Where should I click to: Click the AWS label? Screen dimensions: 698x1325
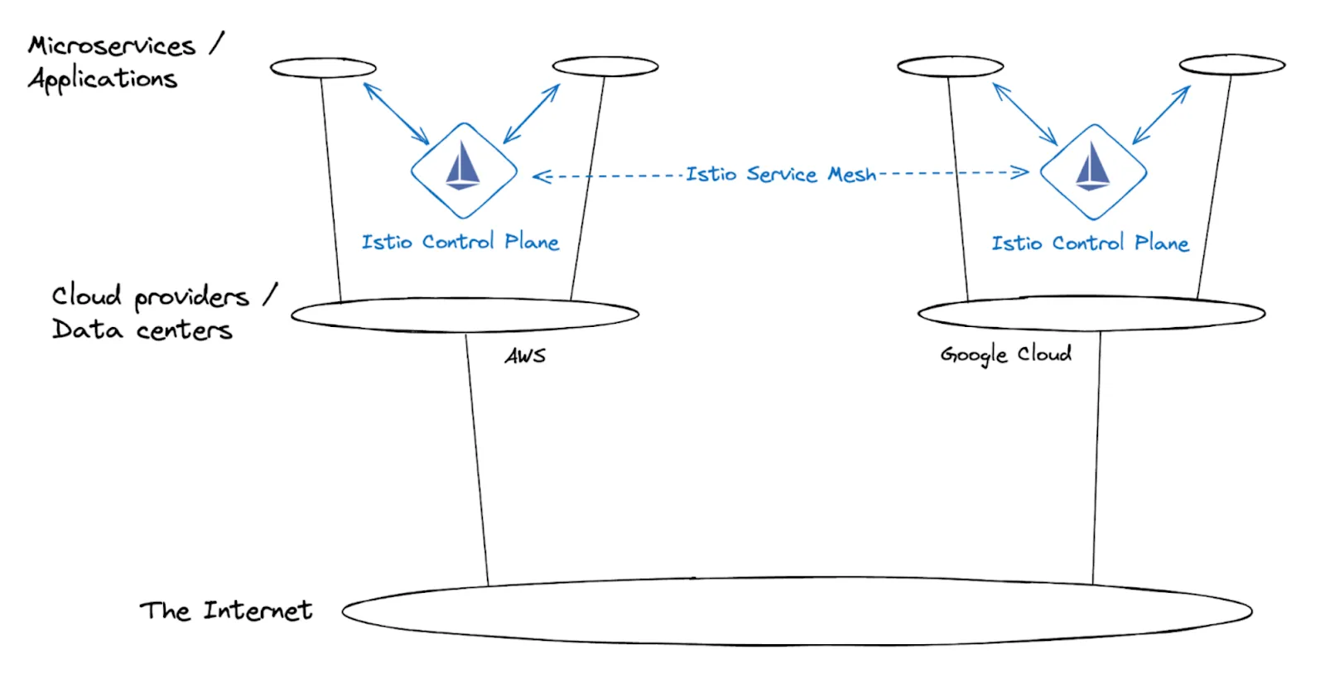coord(525,356)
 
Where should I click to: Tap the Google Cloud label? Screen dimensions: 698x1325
coord(1005,354)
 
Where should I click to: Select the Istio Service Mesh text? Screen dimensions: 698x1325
coord(780,174)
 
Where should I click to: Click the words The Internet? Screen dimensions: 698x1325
coord(225,611)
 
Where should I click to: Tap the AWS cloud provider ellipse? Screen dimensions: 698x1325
coord(465,315)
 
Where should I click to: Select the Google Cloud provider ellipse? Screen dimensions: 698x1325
coord(1091,313)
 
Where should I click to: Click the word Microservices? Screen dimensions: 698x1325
coord(112,46)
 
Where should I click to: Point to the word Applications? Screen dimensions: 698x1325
coord(103,79)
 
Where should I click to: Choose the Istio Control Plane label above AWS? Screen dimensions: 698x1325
coord(460,242)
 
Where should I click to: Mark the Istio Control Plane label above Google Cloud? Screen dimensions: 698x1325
coord(1090,243)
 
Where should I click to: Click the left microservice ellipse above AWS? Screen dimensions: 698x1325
coord(323,68)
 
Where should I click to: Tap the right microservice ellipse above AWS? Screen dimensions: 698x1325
coord(605,66)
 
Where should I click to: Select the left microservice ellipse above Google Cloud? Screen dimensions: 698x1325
coord(950,66)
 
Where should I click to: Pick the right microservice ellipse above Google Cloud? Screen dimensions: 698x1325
coord(1232,65)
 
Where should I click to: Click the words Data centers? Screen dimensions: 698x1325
coord(142,330)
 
